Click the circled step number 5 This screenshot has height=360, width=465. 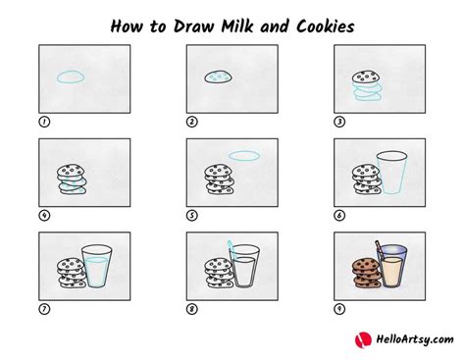coord(191,216)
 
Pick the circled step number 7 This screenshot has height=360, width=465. coord(43,309)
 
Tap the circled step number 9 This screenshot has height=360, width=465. coord(339,309)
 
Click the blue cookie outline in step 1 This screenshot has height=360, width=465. coord(71,76)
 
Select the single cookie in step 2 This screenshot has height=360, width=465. coord(218,76)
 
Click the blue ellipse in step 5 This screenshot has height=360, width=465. coord(244,155)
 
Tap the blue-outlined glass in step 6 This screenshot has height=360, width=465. coord(391,174)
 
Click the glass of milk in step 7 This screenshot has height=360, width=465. coord(97,267)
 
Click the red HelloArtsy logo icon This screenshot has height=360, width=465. coord(360,339)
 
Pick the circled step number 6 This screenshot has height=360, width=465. coord(339,216)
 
